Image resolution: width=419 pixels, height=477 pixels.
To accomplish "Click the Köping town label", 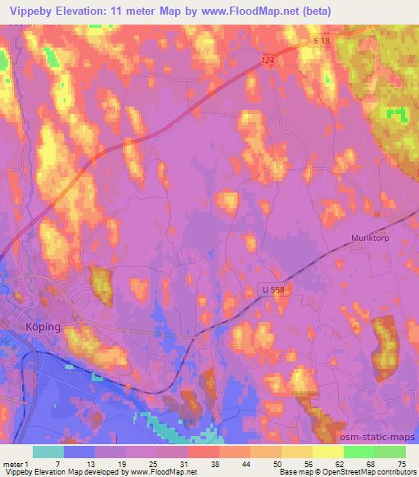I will coord(42,326).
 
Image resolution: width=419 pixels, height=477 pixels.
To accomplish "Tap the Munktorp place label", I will coord(372,238).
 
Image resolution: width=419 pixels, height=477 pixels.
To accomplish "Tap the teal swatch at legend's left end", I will coord(48,452).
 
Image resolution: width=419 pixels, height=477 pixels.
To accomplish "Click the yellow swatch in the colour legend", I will coord(327,452).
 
